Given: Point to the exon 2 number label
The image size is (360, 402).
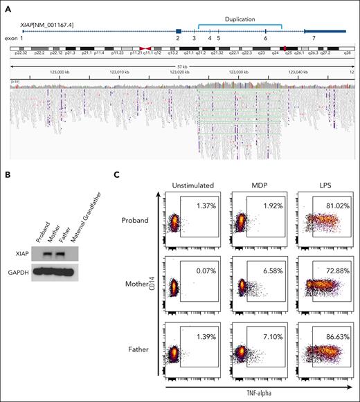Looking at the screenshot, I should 178,39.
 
